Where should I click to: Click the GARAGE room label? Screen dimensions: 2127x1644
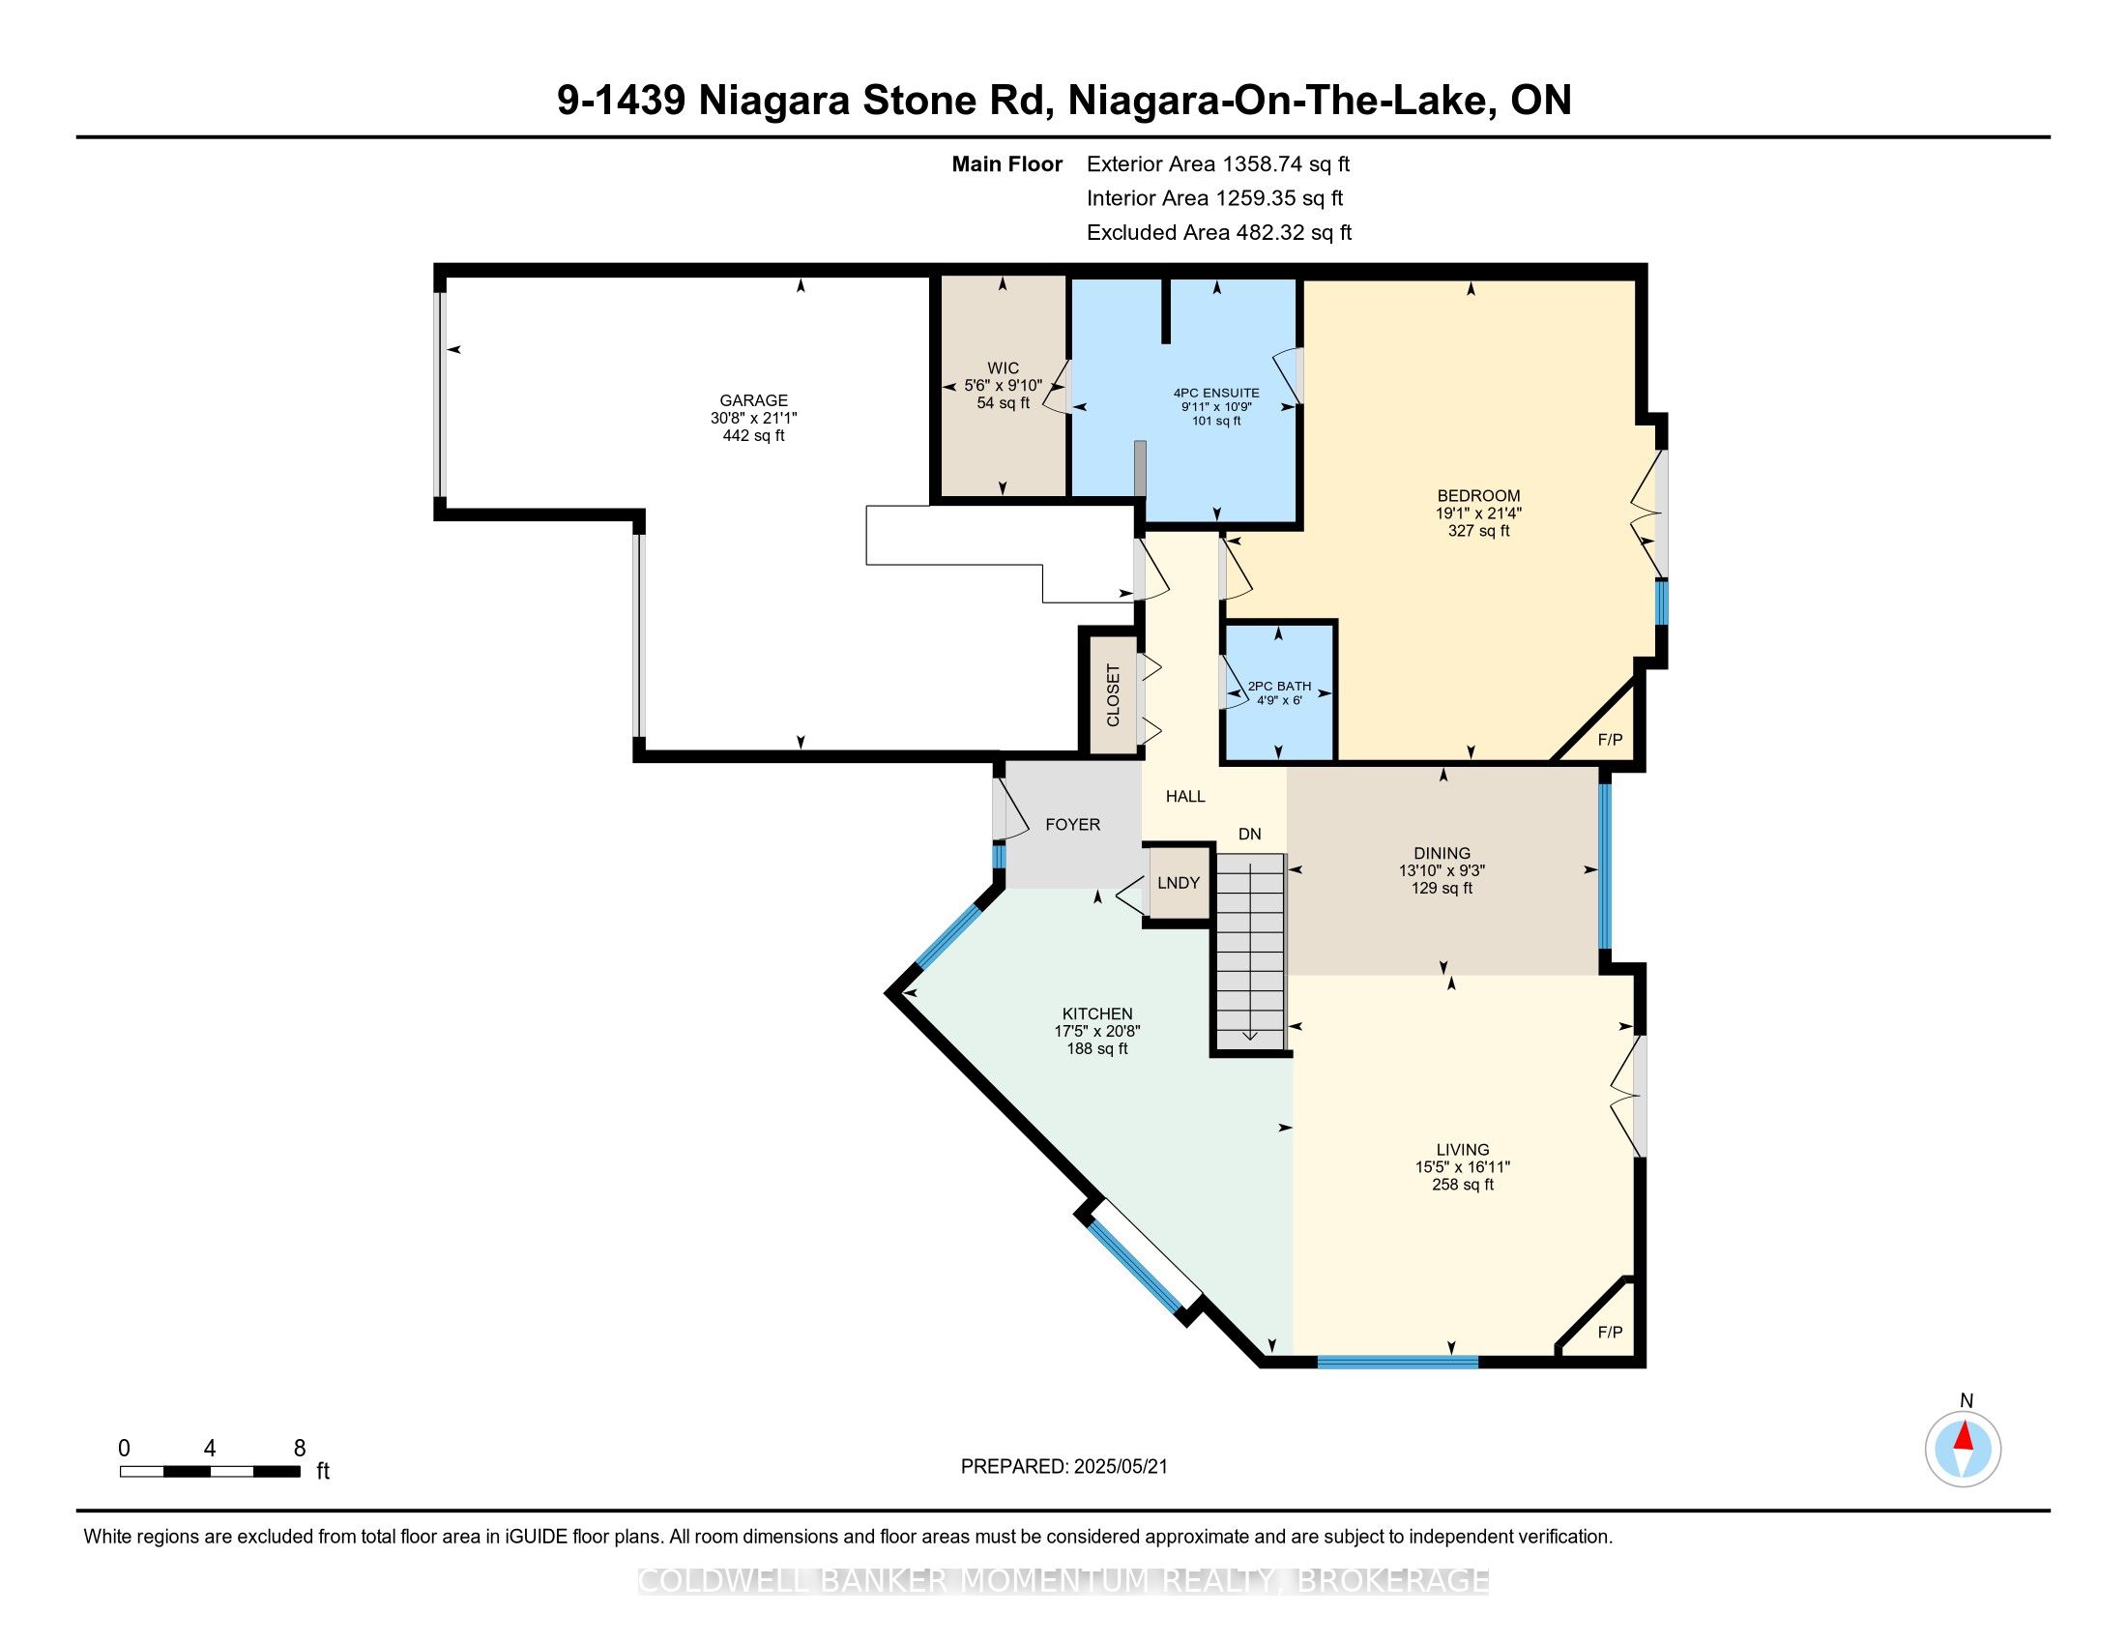coord(753,400)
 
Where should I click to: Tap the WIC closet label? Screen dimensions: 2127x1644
coord(1004,368)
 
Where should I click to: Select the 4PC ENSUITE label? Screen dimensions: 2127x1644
coord(1216,394)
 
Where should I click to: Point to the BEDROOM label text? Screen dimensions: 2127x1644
coord(1478,496)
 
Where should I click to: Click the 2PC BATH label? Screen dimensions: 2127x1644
coord(1280,686)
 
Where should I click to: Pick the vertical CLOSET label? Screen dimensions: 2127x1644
coord(1113,695)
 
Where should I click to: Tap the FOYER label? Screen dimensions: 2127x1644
coord(1072,824)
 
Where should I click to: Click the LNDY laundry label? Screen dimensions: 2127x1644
coord(1179,882)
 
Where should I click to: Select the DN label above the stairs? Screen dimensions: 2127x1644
coord(1249,834)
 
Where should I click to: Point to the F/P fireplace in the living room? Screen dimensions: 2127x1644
coord(1611,1333)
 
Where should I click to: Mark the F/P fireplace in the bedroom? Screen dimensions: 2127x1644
coord(1611,740)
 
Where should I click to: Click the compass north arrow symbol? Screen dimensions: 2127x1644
coord(1964,1450)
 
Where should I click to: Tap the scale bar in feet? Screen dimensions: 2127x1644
coord(211,1472)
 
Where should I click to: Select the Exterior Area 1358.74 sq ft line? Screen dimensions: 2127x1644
coord(1218,164)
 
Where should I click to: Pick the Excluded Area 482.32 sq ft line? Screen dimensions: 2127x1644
coord(1219,233)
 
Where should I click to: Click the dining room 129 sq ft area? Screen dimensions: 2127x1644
coord(1442,888)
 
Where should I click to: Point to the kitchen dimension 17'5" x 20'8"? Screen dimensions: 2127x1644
coord(1097,1031)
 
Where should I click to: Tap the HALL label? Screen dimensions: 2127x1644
coord(1185,797)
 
